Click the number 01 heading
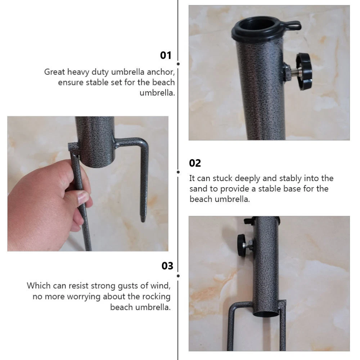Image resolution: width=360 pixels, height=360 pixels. (x=166, y=55)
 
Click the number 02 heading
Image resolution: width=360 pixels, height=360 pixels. (x=195, y=163)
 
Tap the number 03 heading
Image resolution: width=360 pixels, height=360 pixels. (x=167, y=266)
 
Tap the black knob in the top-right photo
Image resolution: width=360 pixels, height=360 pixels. (x=304, y=71)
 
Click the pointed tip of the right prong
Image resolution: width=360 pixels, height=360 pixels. (x=143, y=221)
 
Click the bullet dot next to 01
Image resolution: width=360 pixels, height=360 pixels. (x=178, y=64)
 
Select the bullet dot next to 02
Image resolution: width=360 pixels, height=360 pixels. (x=178, y=172)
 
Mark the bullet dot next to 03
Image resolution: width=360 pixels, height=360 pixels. (x=178, y=276)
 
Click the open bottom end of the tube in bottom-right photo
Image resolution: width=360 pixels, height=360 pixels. (x=266, y=314)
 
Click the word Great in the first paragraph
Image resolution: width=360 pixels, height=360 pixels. (x=55, y=72)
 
